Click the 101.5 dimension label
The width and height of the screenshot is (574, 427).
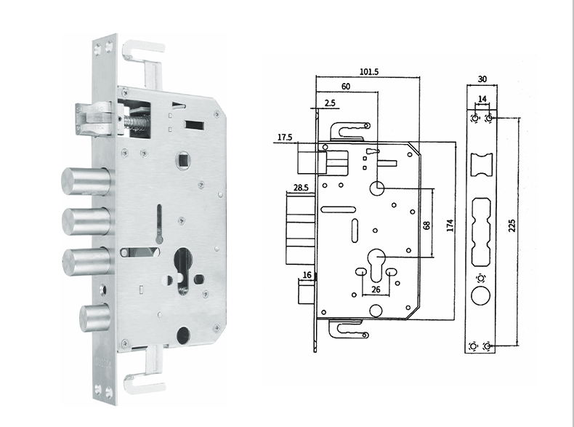368,71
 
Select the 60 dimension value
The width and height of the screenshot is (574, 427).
346,87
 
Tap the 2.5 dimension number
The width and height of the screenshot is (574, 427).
329,103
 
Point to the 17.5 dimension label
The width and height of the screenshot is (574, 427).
285,137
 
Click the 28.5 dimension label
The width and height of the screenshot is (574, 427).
301,188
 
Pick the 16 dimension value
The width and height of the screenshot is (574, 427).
307,275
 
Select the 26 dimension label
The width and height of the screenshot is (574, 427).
376,290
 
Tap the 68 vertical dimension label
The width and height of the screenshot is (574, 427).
427,226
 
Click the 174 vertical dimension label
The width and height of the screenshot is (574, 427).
450,226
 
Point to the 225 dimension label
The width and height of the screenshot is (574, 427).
512,226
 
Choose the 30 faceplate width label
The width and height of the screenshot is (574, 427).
482,79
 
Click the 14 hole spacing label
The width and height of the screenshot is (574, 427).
482,99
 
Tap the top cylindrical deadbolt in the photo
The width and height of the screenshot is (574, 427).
86,181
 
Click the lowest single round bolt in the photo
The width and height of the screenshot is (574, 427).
94,318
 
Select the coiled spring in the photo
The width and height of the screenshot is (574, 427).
137,122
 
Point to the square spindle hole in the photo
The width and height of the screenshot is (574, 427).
183,160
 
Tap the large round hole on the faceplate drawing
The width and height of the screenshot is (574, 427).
481,295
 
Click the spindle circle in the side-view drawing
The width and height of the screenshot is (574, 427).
376,188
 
